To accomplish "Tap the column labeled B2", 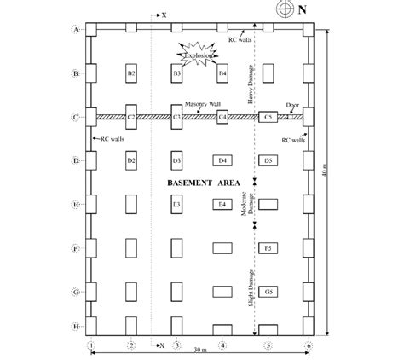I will [131, 74].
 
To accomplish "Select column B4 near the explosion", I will [222, 74].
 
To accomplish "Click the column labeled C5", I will [268, 117].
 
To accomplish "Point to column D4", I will [222, 160].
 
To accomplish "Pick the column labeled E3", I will [176, 205].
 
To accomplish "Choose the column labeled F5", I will [268, 248].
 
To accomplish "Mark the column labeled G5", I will [268, 293].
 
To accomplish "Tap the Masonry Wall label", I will [201, 103].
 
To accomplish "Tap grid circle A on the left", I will [76, 29].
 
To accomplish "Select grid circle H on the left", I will [76, 327].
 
